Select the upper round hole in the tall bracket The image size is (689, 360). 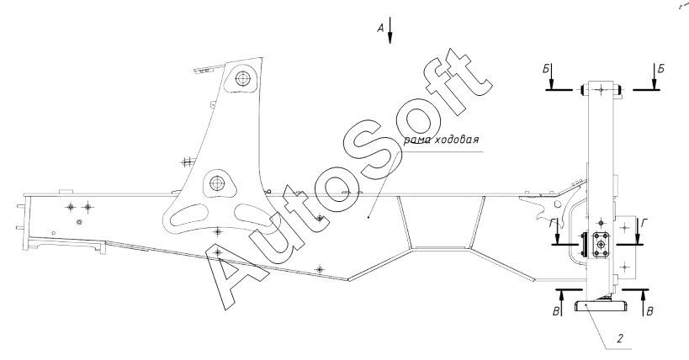(243, 80)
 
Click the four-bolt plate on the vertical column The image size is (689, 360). (601, 245)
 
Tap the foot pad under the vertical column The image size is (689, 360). (602, 306)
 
